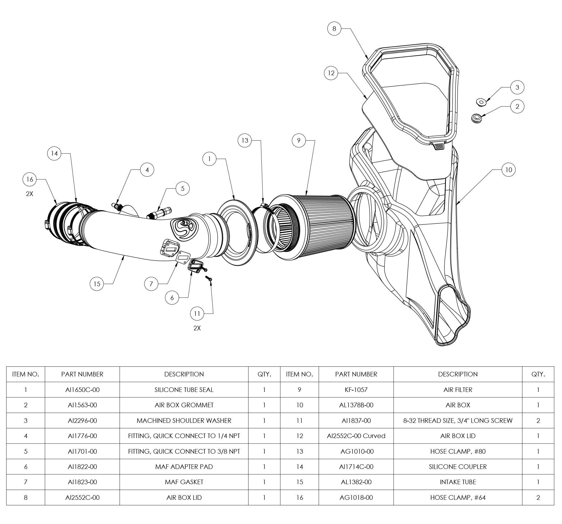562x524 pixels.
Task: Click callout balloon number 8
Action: (334, 29)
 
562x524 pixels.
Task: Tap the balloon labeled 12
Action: (331, 73)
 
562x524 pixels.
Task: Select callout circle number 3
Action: (517, 87)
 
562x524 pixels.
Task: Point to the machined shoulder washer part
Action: (480, 102)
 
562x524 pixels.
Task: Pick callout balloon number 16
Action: (30, 179)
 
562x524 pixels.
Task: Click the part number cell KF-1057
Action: (356, 390)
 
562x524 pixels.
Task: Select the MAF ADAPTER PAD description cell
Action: (184, 467)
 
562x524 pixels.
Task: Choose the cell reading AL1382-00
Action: (356, 482)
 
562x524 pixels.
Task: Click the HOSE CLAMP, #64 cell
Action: (458, 497)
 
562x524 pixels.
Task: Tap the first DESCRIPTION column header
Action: (184, 374)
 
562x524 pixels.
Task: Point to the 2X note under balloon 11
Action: (197, 328)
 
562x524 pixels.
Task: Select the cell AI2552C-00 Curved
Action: (356, 436)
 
